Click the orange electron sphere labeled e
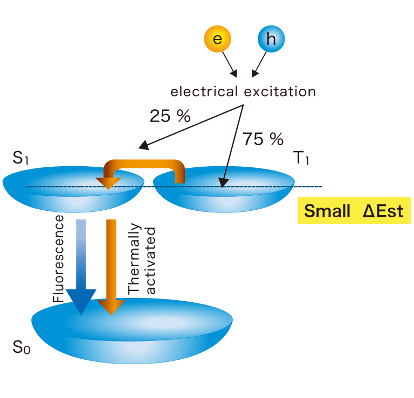click(217, 39)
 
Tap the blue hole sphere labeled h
click(271, 39)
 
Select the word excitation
click(280, 91)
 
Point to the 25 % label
click(170, 116)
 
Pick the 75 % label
click(263, 139)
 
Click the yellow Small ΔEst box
click(354, 211)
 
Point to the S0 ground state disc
click(132, 333)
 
